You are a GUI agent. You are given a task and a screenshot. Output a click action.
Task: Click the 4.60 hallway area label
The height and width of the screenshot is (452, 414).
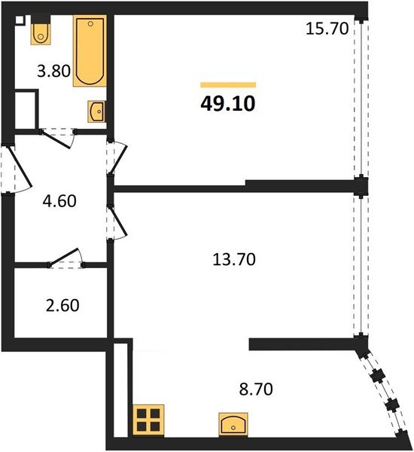point(59,201)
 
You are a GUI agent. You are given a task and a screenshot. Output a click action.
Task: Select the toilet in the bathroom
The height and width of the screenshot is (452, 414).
point(41,32)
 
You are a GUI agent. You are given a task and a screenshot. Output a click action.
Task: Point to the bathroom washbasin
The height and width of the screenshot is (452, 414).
point(96,111)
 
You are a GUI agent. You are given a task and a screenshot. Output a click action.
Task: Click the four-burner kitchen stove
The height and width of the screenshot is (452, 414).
point(148,420)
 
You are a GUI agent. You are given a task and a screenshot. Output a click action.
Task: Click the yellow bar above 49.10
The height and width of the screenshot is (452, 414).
point(228,84)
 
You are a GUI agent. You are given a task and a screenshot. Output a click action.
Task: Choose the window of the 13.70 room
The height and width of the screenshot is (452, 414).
point(362,264)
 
